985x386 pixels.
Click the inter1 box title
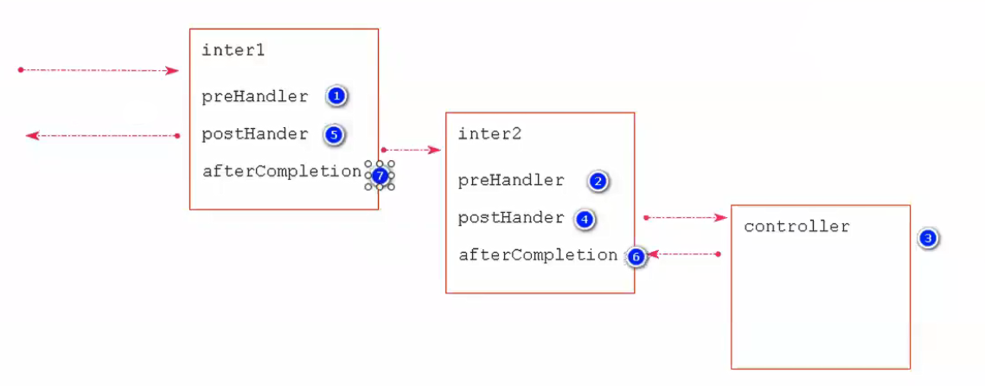coord(233,50)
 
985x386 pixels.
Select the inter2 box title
coord(489,134)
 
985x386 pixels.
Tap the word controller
coord(796,227)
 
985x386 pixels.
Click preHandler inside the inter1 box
coord(254,96)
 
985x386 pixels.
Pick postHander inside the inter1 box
coord(254,134)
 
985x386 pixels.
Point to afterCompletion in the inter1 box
coord(281,171)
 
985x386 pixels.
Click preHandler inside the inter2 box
coord(510,180)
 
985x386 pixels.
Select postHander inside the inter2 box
coord(510,218)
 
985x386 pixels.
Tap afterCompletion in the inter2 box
coord(537,255)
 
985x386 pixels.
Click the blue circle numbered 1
coord(336,96)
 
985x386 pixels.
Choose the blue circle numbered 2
coord(598,182)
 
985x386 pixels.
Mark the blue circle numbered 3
coord(928,238)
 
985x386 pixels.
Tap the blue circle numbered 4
coord(585,219)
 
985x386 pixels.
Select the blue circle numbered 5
coord(335,134)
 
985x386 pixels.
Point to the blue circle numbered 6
coord(636,257)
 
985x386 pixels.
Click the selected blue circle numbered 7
coord(379,175)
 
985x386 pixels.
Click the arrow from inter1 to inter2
coord(411,150)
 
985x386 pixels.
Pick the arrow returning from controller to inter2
coord(684,254)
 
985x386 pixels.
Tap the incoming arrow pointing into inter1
coord(99,70)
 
